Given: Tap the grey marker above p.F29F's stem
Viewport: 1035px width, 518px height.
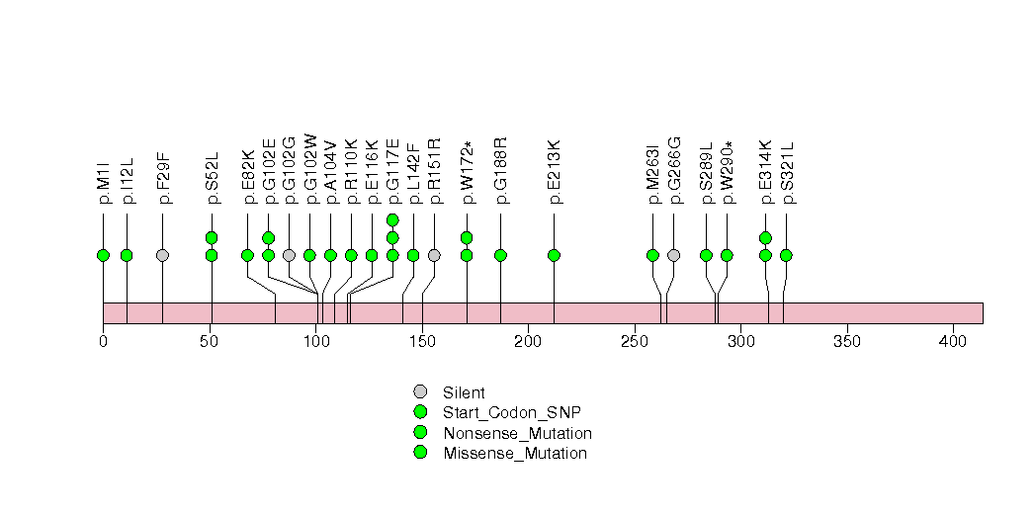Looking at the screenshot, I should coord(163,255).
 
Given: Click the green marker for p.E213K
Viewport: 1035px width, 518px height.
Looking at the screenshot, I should coord(554,255).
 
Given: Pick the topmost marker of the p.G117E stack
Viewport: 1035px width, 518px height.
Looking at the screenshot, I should coord(392,219).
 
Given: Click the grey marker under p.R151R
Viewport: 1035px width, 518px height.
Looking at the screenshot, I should coord(434,255).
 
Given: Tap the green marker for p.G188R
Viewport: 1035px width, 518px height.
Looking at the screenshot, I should coord(500,255).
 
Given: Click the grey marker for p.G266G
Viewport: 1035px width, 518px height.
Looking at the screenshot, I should coord(673,255).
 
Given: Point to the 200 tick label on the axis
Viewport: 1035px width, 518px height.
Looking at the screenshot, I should coord(528,341).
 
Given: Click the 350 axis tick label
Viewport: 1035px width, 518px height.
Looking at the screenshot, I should coord(847,341).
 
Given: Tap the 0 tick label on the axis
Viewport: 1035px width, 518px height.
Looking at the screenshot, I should coord(103,341).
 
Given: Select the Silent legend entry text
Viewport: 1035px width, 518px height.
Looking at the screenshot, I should coord(465,392).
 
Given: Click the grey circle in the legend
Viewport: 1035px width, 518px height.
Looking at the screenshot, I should coord(420,391).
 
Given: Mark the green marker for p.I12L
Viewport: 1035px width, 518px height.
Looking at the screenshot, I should coord(127,255).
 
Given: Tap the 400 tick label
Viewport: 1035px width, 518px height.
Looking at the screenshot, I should coord(953,341).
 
